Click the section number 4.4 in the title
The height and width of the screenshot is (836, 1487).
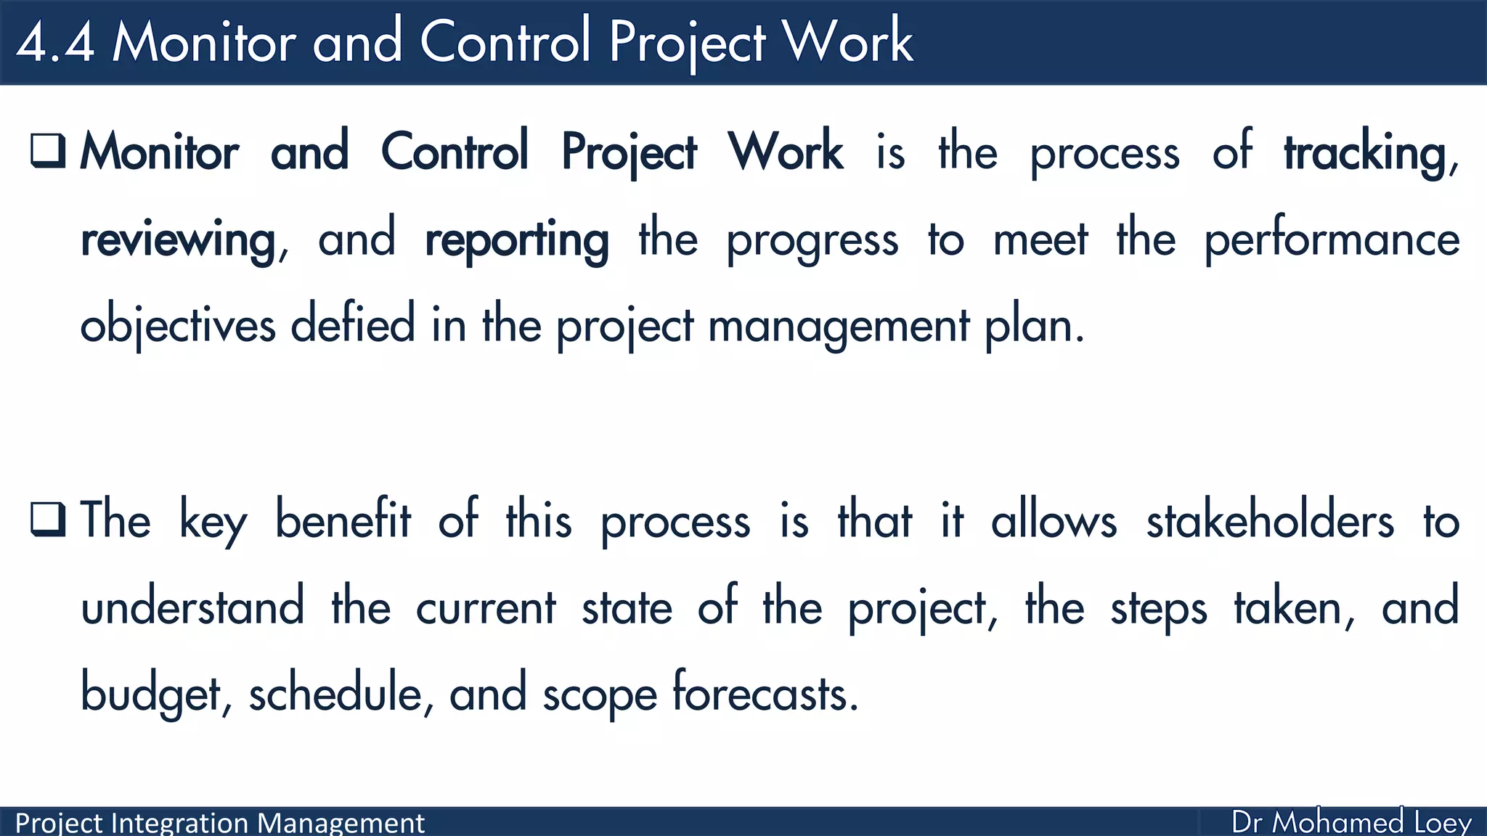[x=55, y=42]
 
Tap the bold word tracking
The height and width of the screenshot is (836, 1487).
[x=1365, y=153]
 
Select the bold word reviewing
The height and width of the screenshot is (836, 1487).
[x=178, y=240]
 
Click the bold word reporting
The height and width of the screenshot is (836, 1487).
[x=516, y=240]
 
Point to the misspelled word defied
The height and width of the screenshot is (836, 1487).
[x=353, y=325]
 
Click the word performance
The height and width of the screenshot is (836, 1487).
[x=1332, y=240]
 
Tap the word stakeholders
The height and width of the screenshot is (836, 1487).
[x=1270, y=521]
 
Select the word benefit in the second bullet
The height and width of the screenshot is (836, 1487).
[x=343, y=520]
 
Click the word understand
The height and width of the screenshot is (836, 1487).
[x=192, y=607]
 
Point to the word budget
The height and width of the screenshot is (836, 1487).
[x=150, y=694]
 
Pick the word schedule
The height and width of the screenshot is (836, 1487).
[x=335, y=692]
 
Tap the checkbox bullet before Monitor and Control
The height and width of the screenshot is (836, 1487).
[x=49, y=150]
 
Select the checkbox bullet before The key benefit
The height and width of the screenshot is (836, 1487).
[x=49, y=519]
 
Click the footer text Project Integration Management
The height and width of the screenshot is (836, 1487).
[x=219, y=823]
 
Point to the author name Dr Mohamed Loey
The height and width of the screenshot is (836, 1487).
[x=1351, y=822]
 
